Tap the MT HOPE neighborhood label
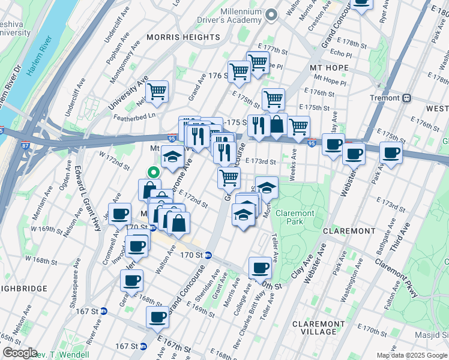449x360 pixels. [x=330, y=68]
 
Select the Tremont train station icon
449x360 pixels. [x=407, y=98]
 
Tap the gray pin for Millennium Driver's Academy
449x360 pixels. [x=271, y=14]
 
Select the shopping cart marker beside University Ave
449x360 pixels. [x=157, y=92]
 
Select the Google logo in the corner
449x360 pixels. [x=19, y=352]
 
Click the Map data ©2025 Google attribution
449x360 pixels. [x=412, y=355]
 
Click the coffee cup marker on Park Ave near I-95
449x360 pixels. [x=391, y=155]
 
